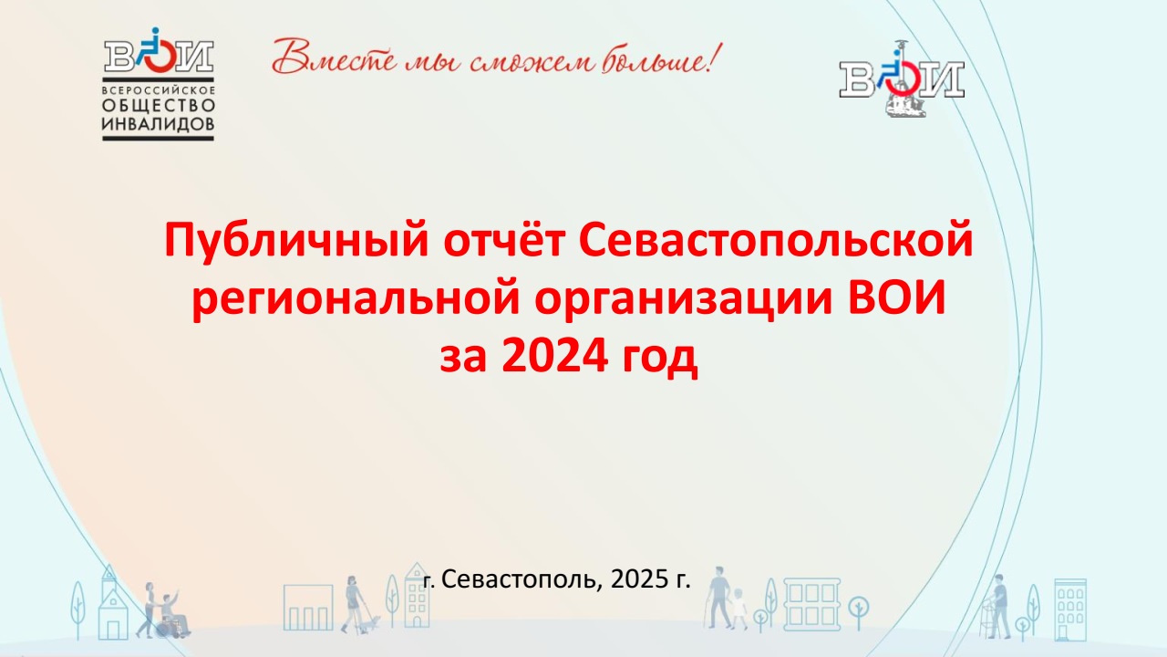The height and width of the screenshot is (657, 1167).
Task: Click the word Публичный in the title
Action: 296,240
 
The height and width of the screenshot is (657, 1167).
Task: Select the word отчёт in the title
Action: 504,240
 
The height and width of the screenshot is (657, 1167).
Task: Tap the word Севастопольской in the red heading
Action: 776,240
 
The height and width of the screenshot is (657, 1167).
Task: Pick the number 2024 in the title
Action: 555,356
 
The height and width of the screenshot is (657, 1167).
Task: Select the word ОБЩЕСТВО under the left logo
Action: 159,106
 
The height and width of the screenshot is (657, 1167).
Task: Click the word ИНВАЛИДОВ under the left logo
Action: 158,124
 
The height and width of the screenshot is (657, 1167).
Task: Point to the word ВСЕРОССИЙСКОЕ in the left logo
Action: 159,90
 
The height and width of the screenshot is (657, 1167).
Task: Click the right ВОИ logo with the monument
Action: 902,79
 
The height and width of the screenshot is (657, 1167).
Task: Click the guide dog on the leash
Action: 371,623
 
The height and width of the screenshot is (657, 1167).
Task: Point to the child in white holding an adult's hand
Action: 738,608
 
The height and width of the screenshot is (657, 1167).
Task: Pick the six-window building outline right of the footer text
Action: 811,604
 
